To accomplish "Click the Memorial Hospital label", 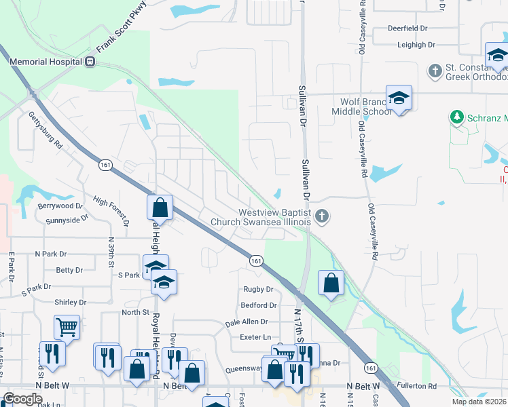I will point(46,61).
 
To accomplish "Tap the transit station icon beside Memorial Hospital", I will point(90,62).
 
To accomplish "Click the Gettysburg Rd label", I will point(46,130).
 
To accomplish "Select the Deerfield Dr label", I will point(407,29).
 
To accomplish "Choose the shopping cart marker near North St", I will point(67,327).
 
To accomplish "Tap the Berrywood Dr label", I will point(60,206).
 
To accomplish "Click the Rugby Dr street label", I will point(257,289).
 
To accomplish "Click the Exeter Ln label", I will point(255,337).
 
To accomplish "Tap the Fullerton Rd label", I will point(418,386).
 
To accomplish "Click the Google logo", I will point(23,399).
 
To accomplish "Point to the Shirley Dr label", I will point(71,303).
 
